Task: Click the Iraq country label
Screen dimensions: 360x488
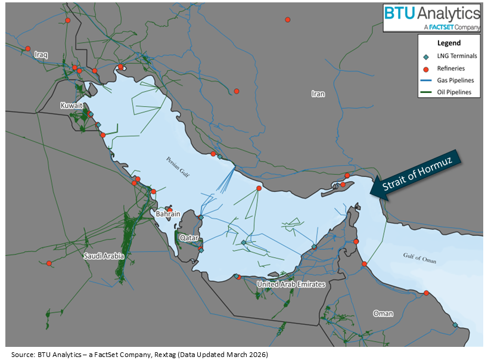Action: [x=41, y=54]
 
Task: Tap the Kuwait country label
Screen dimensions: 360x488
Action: [x=71, y=105]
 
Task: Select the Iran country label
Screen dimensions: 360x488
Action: [x=318, y=94]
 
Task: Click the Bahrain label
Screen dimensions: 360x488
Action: [x=167, y=214]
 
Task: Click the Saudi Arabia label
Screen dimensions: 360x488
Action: [x=104, y=256]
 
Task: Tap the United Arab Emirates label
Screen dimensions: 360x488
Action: [x=291, y=284]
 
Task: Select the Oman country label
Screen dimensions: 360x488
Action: [x=383, y=313]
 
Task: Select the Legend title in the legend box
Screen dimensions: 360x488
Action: [x=449, y=44]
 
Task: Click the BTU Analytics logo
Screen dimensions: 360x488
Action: [x=431, y=17]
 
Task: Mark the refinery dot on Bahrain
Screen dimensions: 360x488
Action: [x=170, y=210]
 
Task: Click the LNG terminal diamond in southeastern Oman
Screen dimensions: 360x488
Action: [x=455, y=325]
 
